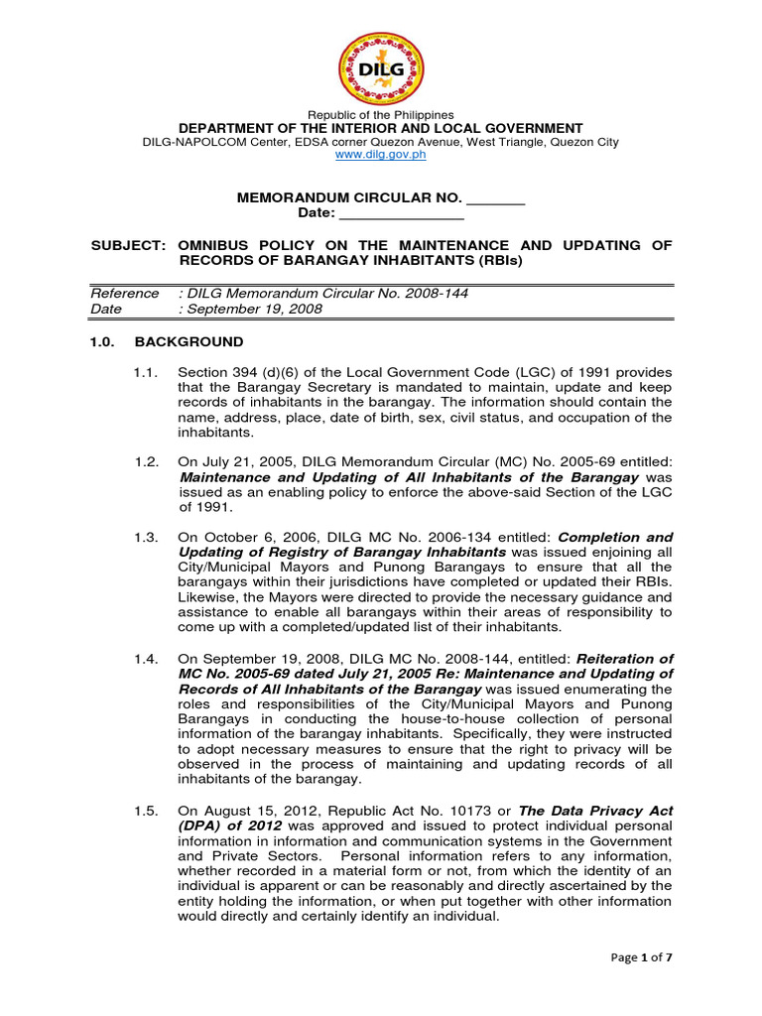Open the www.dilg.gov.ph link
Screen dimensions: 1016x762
[381, 156]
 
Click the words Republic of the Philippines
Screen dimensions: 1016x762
[381, 115]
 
